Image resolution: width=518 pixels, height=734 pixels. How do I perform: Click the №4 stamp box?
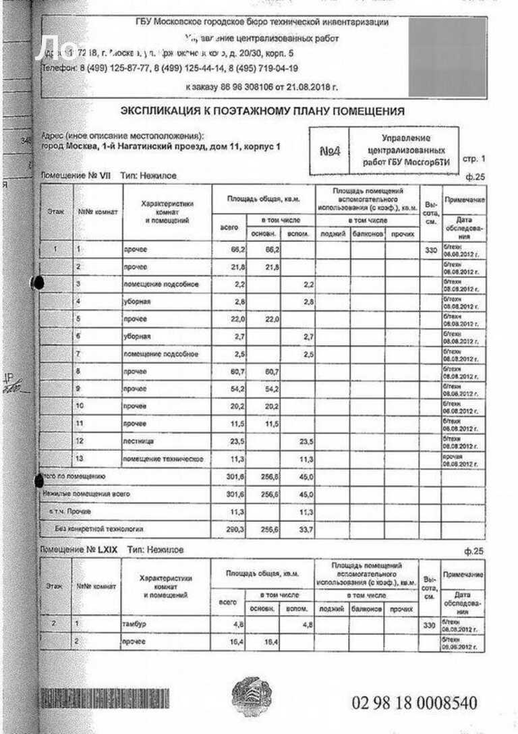point(330,151)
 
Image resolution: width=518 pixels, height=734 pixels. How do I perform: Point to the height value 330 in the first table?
point(430,250)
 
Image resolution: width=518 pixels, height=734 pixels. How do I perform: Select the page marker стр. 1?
point(473,159)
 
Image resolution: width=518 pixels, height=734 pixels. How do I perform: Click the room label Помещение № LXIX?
point(79,550)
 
